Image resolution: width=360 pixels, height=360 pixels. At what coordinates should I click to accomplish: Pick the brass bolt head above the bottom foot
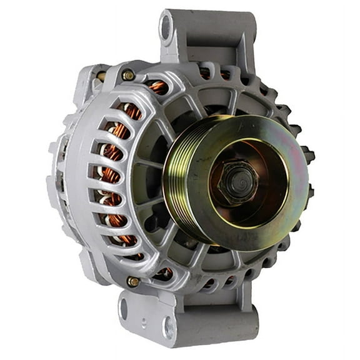point(133,281)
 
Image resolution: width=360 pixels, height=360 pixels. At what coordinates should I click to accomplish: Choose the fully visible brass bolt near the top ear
point(128,75)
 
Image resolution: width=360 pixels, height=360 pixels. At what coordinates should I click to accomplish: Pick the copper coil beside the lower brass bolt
point(164,272)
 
